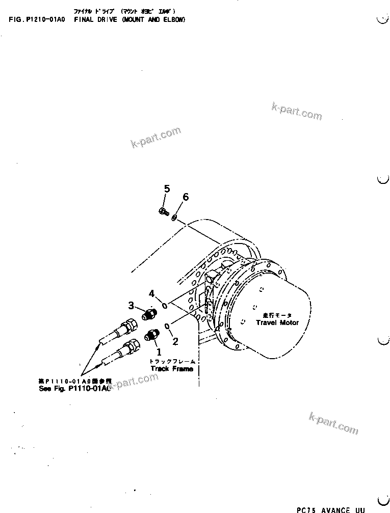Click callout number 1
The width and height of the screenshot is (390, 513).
[x=158, y=351]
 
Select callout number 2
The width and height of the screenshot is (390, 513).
[x=175, y=341]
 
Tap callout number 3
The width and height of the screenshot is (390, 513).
[x=131, y=306]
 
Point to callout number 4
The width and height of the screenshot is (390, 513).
[x=151, y=293]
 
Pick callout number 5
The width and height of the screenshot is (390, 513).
[x=167, y=190]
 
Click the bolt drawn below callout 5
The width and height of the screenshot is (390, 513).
[x=163, y=211]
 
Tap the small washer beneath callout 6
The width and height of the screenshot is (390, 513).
[x=174, y=218]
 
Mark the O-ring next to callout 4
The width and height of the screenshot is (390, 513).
[x=165, y=305]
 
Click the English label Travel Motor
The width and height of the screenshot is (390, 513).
[x=277, y=322]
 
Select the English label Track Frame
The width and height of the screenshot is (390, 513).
[x=172, y=368]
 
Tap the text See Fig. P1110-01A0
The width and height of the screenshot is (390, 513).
[x=74, y=388]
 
